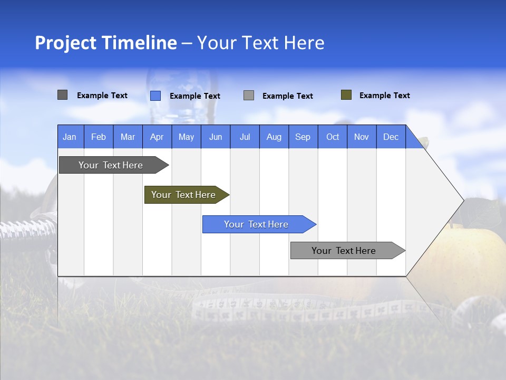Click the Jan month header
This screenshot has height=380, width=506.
click(70, 137)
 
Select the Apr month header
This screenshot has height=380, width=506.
click(157, 137)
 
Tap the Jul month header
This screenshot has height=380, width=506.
click(245, 137)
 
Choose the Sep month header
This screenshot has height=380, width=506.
click(303, 137)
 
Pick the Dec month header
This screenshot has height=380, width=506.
click(391, 137)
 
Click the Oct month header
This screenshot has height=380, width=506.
click(333, 137)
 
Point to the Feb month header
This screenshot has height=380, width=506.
click(99, 137)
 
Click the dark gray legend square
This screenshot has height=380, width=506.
click(62, 95)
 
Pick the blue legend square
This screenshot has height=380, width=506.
click(155, 96)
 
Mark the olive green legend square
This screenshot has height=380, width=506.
click(346, 95)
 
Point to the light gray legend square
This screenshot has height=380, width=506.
click(249, 96)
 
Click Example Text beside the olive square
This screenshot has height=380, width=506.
click(384, 96)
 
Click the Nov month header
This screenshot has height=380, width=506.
click(362, 137)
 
